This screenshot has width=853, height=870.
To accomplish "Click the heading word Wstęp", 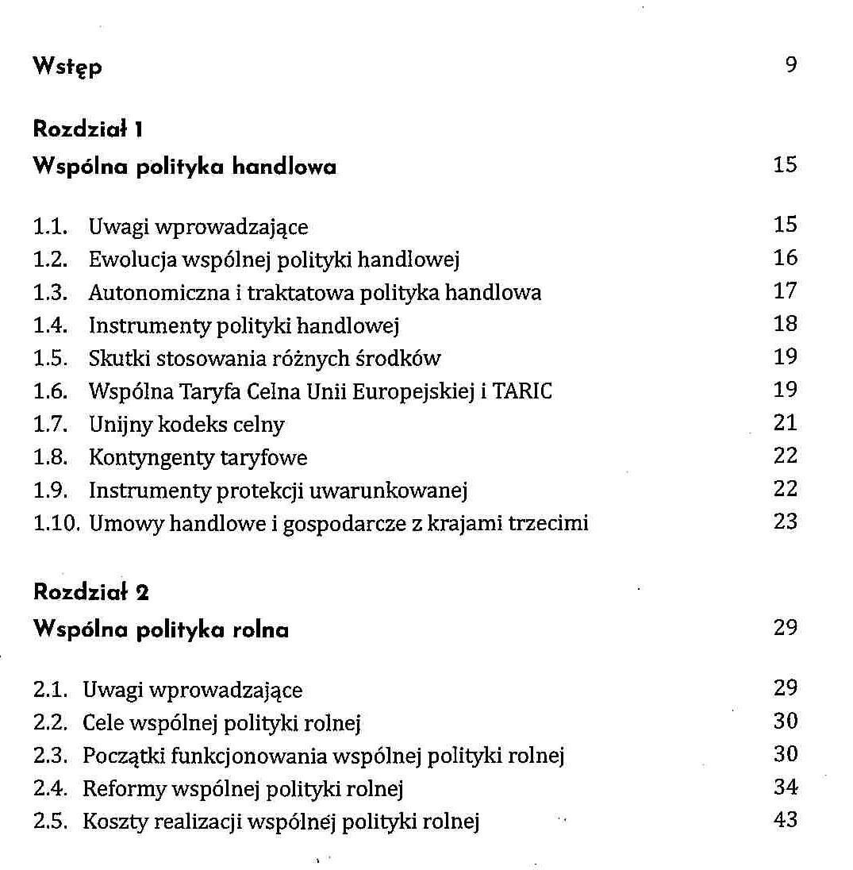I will coord(67,67).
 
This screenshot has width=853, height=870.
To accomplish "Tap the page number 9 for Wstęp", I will coord(790,65).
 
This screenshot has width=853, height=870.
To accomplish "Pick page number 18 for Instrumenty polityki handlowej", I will coord(785,324).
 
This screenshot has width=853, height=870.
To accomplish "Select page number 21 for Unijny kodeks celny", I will coord(785,423).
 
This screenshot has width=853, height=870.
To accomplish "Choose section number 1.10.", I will coord(56,524).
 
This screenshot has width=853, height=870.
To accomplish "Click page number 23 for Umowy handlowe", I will coord(785,522).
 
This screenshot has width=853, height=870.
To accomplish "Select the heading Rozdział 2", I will coord(91,591).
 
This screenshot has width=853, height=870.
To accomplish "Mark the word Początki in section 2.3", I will coord(124,756).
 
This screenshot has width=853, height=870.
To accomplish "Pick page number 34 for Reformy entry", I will coord(785,787).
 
